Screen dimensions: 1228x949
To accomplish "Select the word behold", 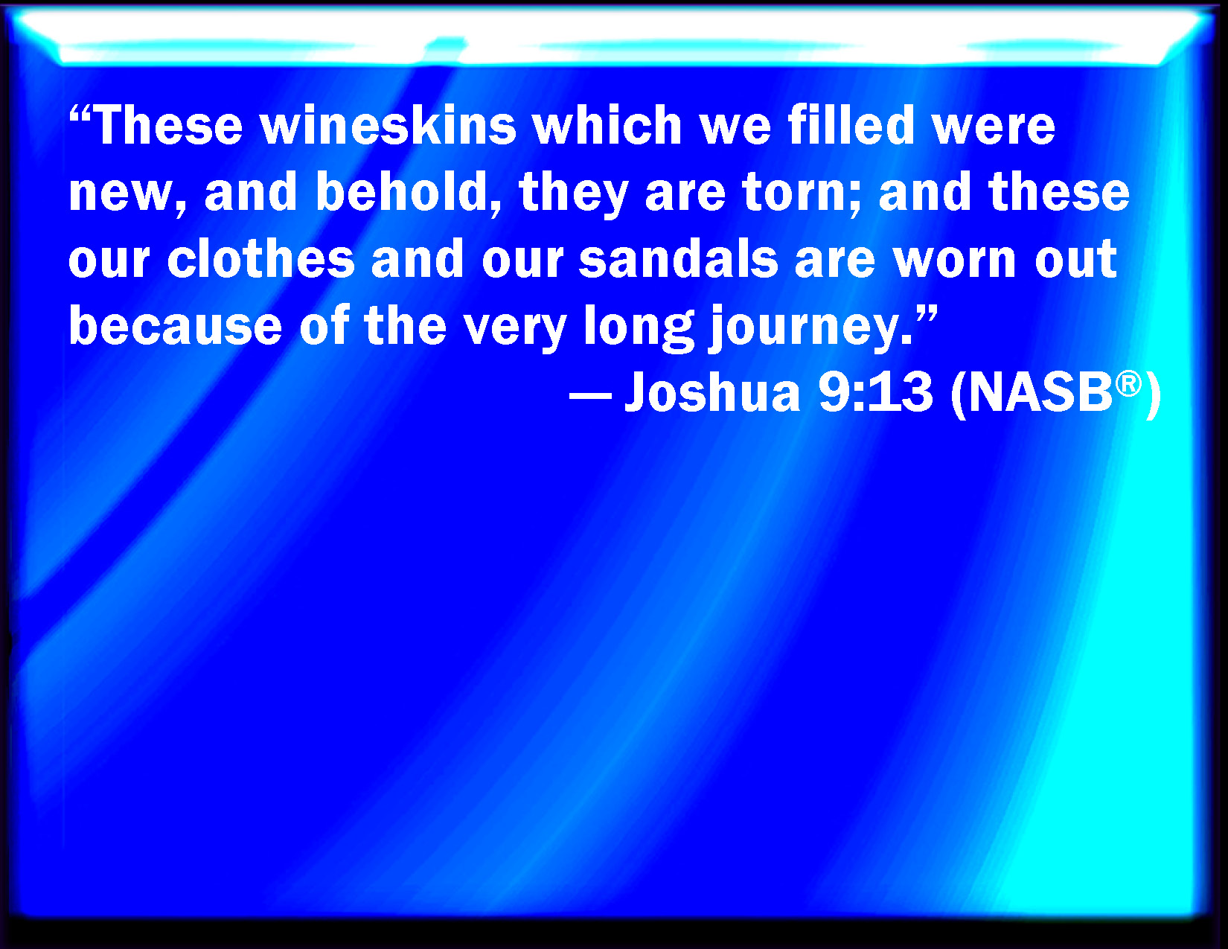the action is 403,191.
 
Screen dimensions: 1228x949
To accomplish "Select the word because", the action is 175,325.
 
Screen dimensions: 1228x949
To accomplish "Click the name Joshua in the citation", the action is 712,392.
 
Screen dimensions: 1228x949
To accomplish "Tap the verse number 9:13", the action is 875,392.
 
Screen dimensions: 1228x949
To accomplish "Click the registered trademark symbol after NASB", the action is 1128,384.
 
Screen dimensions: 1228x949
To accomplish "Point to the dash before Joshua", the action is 590,395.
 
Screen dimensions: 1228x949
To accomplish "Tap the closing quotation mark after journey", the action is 927,314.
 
